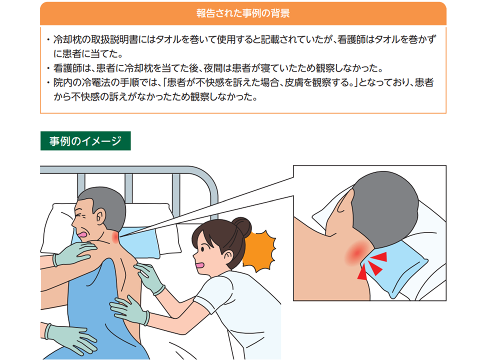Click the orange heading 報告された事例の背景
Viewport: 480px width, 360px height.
tap(243, 13)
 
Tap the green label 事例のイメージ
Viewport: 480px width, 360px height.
tap(85, 141)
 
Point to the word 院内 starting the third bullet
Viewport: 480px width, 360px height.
tap(62, 82)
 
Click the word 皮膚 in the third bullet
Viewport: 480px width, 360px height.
tap(294, 82)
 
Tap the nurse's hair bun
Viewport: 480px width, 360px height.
tap(241, 227)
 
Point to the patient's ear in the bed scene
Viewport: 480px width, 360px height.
tap(100, 216)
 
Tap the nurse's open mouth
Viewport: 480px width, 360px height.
tap(200, 265)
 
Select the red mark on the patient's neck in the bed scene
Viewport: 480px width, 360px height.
tap(115, 236)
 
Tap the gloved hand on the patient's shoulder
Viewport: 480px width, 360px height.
tap(73, 253)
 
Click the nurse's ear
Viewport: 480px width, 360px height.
tap(228, 256)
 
